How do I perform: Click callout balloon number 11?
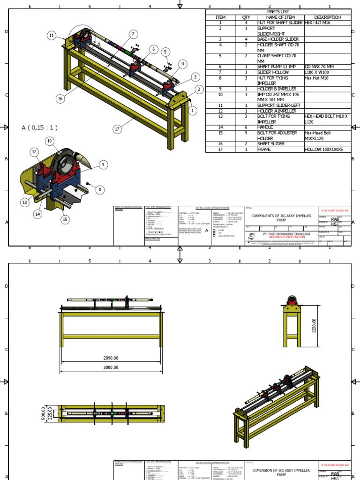[x=52, y=36]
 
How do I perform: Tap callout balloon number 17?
[x=117, y=129]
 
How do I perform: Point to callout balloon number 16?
[x=60, y=98]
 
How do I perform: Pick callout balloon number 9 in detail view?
[x=103, y=165]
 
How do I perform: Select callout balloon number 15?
[x=65, y=219]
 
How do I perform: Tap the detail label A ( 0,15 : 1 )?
[x=40, y=127]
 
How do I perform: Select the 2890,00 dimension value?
[x=111, y=358]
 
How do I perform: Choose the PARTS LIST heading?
[x=279, y=12]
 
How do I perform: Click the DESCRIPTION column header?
[x=328, y=17]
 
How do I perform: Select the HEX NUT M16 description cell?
[x=321, y=22]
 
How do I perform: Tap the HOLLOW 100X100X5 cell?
[x=324, y=150]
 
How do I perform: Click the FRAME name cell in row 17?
[x=264, y=150]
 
